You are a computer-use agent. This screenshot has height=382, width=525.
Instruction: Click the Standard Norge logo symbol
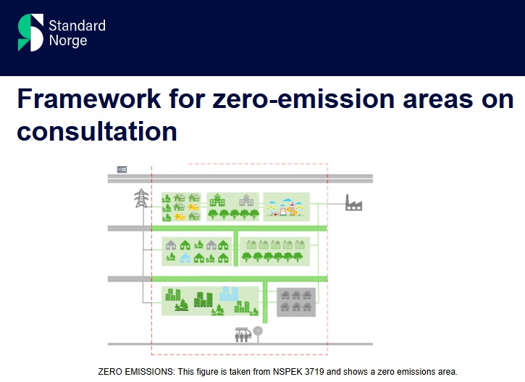click(30, 33)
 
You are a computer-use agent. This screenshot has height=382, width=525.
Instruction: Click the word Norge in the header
click(68, 41)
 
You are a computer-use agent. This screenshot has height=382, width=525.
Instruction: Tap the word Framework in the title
click(89, 99)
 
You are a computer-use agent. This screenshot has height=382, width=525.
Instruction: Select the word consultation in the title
click(97, 131)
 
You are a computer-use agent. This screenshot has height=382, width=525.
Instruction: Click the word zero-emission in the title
click(303, 99)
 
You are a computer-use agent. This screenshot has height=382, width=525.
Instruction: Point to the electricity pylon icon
click(141, 198)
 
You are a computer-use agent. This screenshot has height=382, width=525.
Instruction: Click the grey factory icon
click(353, 202)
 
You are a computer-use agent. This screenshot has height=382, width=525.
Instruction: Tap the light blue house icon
click(185, 257)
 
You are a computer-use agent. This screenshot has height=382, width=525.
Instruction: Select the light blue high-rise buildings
click(229, 294)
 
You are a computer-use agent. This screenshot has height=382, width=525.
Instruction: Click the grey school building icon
click(246, 200)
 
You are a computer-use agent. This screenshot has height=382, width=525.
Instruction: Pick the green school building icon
click(217, 200)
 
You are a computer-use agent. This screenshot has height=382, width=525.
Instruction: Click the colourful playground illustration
click(286, 207)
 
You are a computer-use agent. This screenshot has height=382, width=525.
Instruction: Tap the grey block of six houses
click(296, 302)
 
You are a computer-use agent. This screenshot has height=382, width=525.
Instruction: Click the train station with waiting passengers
click(243, 334)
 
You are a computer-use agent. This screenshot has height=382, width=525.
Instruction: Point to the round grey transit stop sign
click(258, 331)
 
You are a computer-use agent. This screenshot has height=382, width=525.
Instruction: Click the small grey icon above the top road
click(122, 169)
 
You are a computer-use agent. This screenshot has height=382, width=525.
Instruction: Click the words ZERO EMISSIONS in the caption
click(136, 372)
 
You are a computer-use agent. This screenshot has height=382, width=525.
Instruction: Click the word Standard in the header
click(77, 26)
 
